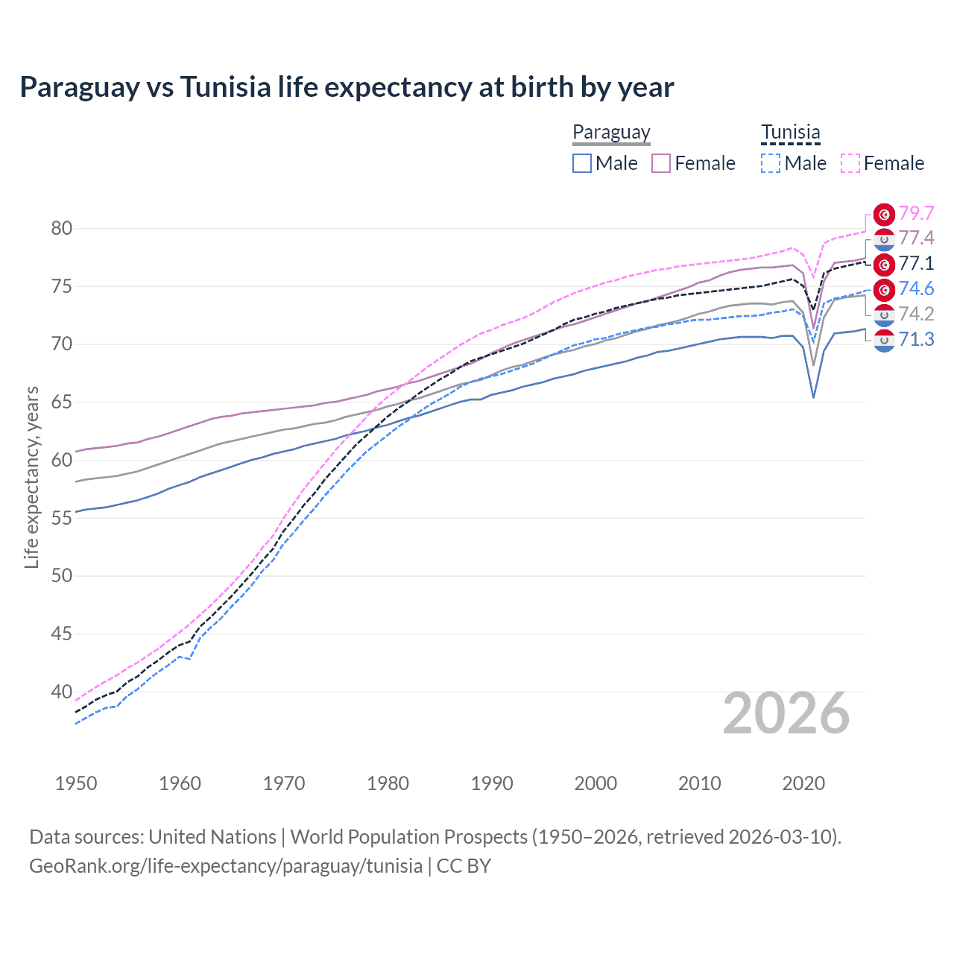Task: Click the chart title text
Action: click(347, 87)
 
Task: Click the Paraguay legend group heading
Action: click(611, 133)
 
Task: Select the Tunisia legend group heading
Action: click(790, 133)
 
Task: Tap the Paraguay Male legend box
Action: click(582, 163)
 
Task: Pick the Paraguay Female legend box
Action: click(661, 163)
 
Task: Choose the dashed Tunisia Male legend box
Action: click(771, 163)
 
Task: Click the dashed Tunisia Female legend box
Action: click(850, 163)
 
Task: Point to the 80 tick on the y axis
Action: click(62, 228)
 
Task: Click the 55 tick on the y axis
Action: click(62, 518)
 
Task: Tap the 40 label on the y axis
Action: click(62, 692)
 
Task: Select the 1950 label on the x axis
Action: click(76, 783)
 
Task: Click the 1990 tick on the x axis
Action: click(492, 783)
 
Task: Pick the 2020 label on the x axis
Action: click(803, 783)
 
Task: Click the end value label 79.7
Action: click(916, 213)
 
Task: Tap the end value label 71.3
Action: click(916, 340)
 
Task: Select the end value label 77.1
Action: click(916, 263)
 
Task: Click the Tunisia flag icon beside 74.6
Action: click(884, 289)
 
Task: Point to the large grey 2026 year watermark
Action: click(786, 713)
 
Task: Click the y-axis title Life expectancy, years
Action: click(31, 477)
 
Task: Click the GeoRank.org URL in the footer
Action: click(226, 866)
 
